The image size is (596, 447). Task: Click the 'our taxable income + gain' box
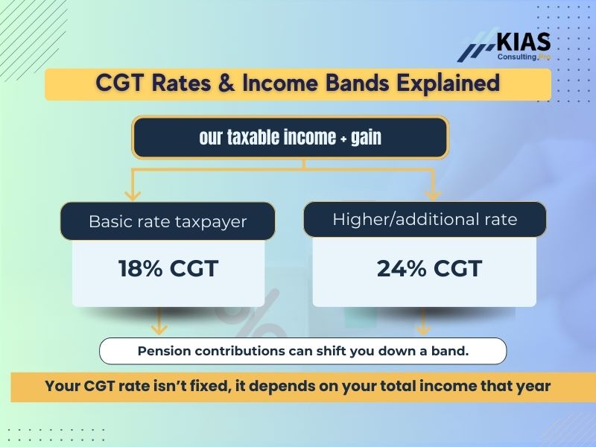click(290, 137)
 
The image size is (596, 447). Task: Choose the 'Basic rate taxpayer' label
click(168, 221)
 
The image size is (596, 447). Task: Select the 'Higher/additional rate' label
click(425, 220)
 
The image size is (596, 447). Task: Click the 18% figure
click(140, 268)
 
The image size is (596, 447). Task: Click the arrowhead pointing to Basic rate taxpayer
click(133, 195)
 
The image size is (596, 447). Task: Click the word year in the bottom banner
click(531, 387)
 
